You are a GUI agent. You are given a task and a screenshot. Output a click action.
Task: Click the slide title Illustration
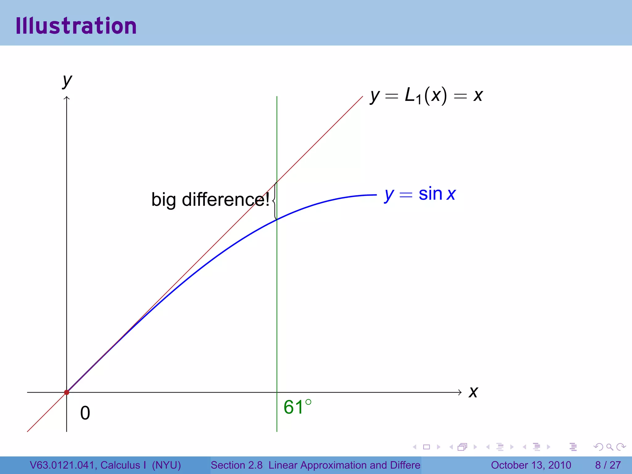tap(76, 26)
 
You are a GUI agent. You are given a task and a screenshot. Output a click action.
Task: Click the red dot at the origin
tap(67, 392)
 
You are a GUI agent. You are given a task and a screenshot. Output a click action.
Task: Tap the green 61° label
tap(297, 407)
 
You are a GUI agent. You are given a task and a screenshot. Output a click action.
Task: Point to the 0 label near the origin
tap(85, 413)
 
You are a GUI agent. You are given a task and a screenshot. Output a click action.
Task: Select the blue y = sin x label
tap(420, 194)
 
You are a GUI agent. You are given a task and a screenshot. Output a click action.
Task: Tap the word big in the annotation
tap(164, 200)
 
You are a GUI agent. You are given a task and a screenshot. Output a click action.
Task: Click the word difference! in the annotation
tap(226, 199)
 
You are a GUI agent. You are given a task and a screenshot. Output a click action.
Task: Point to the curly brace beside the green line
tap(274, 201)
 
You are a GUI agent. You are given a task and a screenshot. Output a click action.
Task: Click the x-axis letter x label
tap(473, 392)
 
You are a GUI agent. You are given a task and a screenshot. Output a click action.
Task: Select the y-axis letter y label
tap(67, 81)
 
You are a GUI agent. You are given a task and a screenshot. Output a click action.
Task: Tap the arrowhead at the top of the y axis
tap(67, 98)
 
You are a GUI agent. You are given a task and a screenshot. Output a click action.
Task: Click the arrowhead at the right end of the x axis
tap(460, 392)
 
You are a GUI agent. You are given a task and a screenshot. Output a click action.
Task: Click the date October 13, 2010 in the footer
tap(531, 465)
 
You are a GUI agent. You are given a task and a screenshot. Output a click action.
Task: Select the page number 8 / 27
tap(608, 465)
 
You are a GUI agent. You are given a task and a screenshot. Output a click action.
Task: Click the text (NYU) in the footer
tap(166, 465)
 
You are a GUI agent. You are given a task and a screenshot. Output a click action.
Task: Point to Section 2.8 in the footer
tap(236, 465)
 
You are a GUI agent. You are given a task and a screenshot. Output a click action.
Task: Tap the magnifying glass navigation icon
tap(609, 447)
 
